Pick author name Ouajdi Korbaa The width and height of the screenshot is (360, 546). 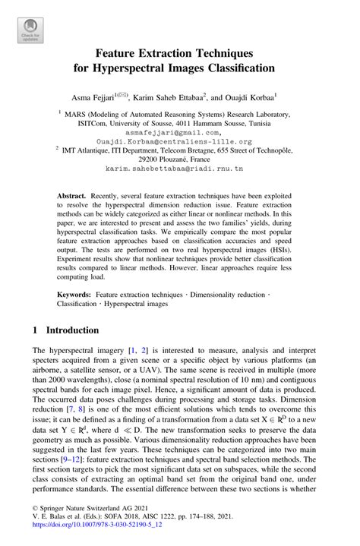(247, 97)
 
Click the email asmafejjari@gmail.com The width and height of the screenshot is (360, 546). (179, 132)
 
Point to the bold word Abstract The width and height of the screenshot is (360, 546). (73, 196)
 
